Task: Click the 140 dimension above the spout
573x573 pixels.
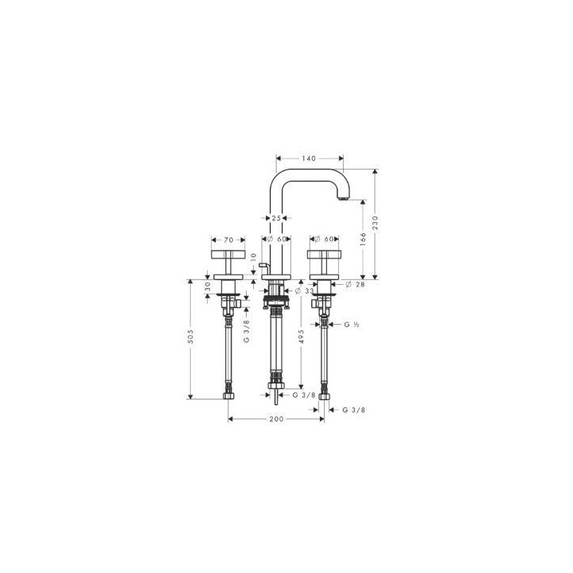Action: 309,158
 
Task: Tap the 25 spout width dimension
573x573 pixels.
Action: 275,216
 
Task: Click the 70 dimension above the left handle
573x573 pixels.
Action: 228,239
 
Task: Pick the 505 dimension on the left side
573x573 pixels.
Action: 191,337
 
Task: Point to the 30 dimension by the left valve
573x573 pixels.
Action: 208,286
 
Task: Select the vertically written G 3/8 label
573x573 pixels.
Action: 246,329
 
